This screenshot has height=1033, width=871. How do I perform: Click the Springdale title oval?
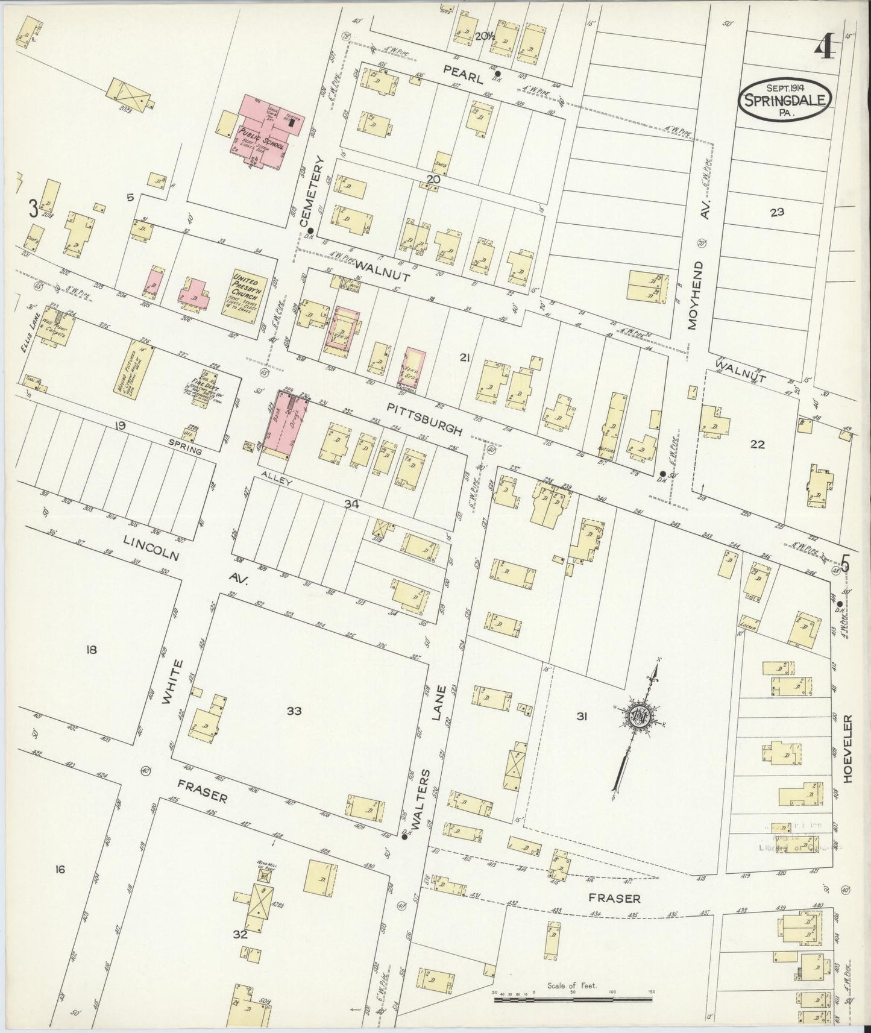pos(785,100)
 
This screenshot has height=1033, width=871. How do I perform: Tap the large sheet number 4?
pos(824,48)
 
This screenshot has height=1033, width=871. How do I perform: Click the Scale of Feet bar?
pos(573,1000)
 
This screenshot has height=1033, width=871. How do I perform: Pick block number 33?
pos(294,711)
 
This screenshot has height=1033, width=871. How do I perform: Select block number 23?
pos(777,212)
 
